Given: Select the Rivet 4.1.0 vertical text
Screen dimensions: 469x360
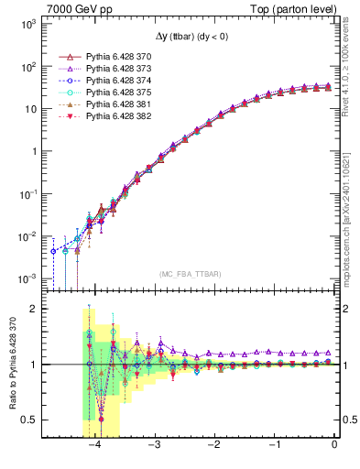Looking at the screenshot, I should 352,69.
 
